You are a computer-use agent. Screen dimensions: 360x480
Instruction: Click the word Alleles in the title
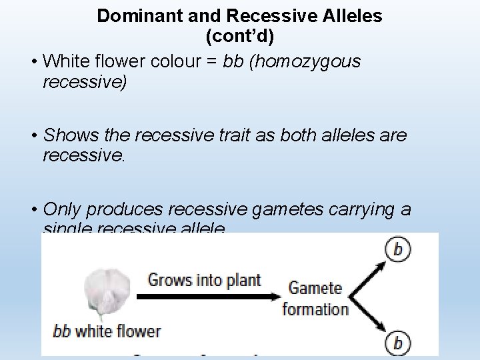(x=349, y=16)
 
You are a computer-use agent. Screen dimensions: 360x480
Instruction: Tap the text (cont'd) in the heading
(x=240, y=36)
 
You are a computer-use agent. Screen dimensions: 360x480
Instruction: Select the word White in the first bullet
(x=65, y=61)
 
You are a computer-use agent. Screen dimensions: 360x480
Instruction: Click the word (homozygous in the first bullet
(x=305, y=61)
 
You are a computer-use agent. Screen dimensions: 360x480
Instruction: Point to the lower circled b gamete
(x=398, y=343)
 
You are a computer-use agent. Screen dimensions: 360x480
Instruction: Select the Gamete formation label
(x=315, y=298)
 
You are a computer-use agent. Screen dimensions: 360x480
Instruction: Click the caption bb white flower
(x=107, y=330)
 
